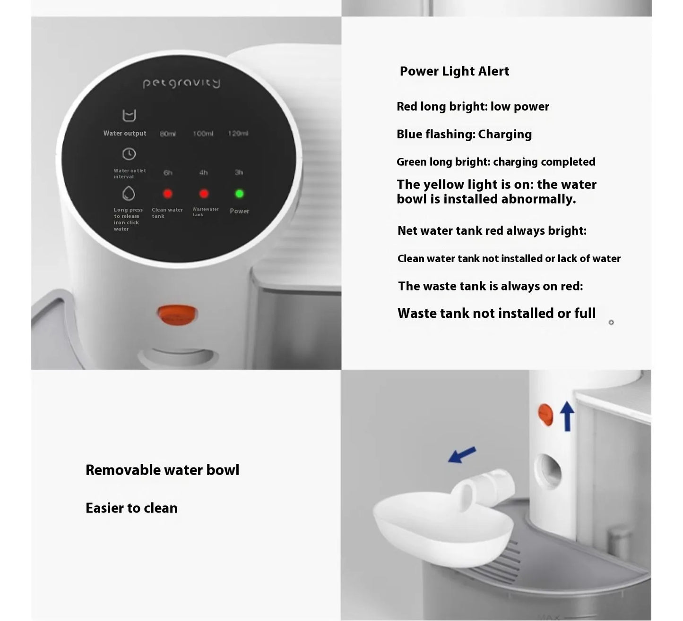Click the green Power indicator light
point(240,194)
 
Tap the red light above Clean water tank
point(168,194)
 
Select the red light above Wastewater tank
point(204,194)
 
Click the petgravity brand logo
point(182,83)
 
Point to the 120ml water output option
point(238,134)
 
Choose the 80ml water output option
point(168,134)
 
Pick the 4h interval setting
point(203,173)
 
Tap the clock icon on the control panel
point(129,154)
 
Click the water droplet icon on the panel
point(129,194)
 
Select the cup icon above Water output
point(129,115)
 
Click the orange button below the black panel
point(177,315)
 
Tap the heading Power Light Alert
point(454,71)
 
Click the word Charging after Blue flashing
point(505,135)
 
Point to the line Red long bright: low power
point(473,107)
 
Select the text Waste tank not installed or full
point(496,314)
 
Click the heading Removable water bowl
point(162,470)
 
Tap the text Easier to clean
point(131,508)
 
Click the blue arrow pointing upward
point(567,416)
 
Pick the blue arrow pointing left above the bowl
point(462,455)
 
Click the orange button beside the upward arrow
point(545,415)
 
